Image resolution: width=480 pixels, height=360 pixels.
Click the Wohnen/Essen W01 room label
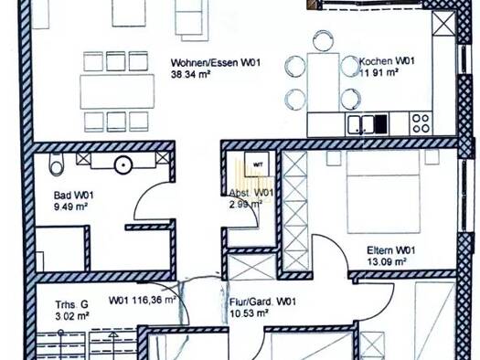tap(216, 63)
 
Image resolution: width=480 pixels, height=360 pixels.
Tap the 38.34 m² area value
tap(191, 74)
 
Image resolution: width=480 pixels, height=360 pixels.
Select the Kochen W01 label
tap(387, 61)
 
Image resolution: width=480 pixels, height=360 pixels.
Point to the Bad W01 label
tap(73, 196)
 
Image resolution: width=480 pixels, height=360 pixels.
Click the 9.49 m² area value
tap(70, 206)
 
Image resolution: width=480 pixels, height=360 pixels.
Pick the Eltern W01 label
tap(391, 250)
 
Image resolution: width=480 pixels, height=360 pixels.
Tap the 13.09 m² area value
tap(387, 262)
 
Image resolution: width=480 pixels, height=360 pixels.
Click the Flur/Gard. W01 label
tap(262, 302)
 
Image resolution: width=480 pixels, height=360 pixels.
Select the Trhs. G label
tap(71, 304)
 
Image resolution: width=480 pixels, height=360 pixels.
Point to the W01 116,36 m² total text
tap(143, 300)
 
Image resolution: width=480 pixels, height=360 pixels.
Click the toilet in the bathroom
tap(57, 164)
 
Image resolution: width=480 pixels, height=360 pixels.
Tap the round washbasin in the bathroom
tap(123, 164)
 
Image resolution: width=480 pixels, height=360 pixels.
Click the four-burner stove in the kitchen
tap(421, 123)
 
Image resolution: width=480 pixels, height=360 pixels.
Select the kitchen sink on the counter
tap(360, 124)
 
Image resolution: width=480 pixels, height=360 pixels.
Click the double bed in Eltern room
tap(383, 192)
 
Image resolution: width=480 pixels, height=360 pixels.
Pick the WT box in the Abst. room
tap(257, 164)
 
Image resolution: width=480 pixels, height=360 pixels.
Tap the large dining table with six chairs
tap(117, 91)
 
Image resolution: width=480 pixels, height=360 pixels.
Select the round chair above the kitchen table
tap(323, 40)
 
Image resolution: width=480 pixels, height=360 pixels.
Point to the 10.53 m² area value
tap(249, 313)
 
